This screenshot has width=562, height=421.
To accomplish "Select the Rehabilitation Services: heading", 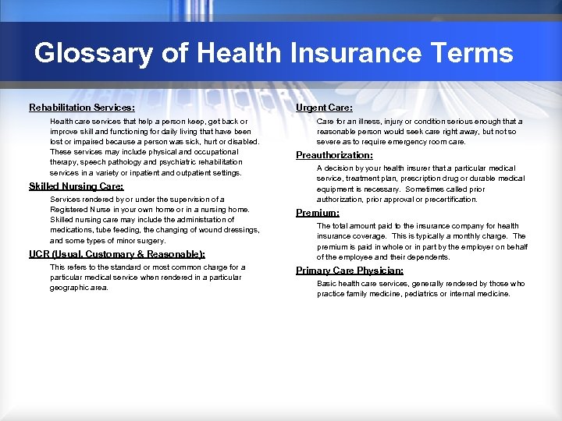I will click(x=82, y=108).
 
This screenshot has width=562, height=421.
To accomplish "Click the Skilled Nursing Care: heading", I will click(x=76, y=186).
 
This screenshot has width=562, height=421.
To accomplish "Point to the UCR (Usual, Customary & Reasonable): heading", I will click(x=117, y=254).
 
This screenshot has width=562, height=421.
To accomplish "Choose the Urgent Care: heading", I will click(x=324, y=108).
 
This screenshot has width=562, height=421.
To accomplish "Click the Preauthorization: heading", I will click(x=334, y=155).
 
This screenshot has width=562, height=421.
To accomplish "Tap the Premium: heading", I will click(x=317, y=213).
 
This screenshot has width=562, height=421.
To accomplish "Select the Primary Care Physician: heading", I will click(x=350, y=271).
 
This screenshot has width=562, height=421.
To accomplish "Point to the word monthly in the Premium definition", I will click(x=458, y=236).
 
